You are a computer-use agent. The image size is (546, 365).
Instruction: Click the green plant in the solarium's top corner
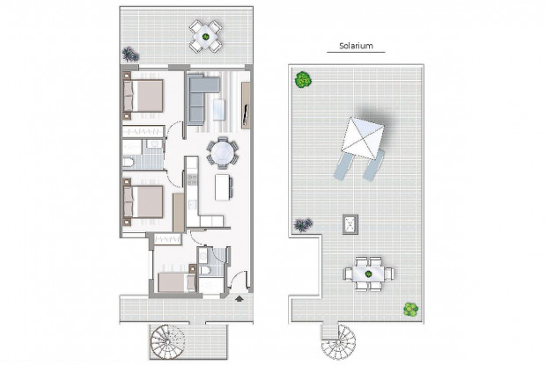coord(304,80)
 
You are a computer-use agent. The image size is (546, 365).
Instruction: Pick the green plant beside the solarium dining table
coord(409,309)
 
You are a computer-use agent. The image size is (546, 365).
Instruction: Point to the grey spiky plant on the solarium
coord(304,225)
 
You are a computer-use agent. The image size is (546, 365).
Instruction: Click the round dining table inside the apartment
coord(221,154)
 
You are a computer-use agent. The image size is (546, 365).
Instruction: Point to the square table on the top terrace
coord(208,36)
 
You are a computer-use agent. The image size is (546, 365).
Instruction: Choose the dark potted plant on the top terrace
coord(130,55)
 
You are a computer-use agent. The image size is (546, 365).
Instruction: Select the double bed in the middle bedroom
coord(145,201)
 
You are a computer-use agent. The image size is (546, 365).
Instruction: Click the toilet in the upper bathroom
coord(129,163)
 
